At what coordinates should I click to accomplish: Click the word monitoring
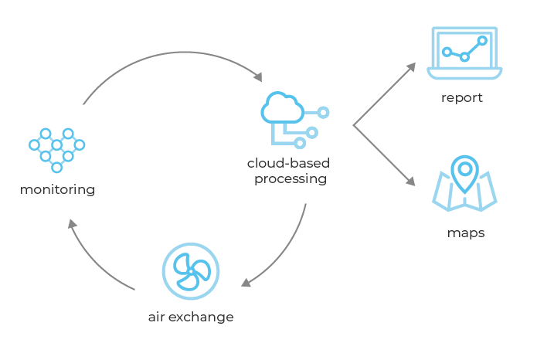tap(58, 189)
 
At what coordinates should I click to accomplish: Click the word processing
tap(286, 179)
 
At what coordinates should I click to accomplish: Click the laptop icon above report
tap(464, 53)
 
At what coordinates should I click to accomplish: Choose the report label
tap(462, 98)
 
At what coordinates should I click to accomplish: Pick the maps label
tap(465, 233)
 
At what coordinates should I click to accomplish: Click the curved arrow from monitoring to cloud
tap(170, 56)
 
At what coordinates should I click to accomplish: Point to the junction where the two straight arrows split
tap(353, 124)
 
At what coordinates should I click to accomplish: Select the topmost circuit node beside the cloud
tap(324, 113)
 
